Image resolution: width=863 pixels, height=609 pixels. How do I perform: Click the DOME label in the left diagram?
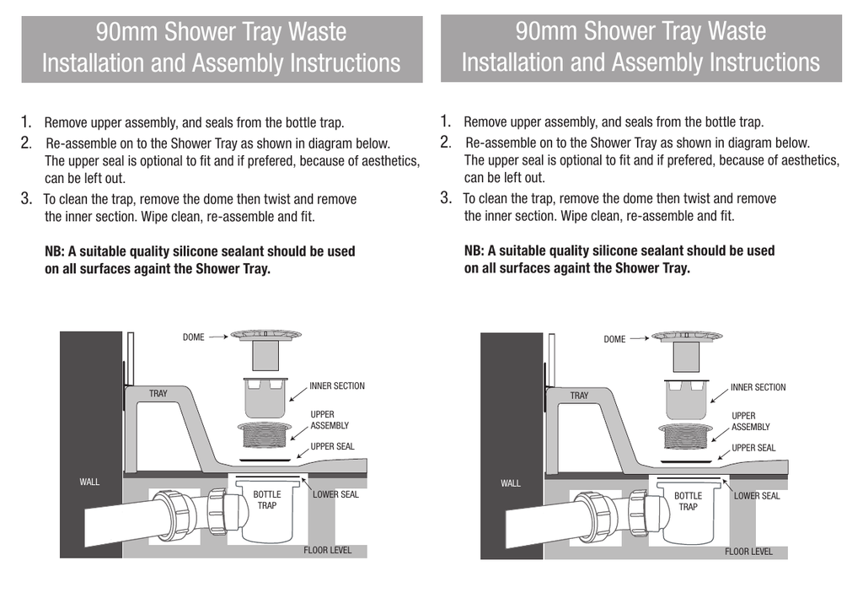[193, 337]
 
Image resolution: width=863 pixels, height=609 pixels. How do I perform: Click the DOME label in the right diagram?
[614, 339]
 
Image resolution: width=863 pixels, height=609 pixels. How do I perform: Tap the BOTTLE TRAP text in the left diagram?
[266, 500]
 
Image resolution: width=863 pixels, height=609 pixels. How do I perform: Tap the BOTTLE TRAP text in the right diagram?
[688, 502]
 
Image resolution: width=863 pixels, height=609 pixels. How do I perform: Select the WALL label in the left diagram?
[89, 482]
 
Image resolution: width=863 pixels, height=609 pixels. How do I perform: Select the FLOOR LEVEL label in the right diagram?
[748, 552]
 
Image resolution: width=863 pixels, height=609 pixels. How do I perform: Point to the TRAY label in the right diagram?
[579, 396]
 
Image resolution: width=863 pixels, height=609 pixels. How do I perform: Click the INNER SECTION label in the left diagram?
[337, 386]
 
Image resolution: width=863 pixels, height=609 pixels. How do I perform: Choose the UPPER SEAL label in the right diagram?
[753, 448]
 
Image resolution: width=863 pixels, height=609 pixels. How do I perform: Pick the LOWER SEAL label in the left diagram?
[335, 494]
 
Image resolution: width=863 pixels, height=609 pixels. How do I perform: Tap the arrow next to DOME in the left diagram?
[217, 337]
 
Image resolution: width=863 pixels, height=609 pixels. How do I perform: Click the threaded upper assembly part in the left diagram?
[265, 436]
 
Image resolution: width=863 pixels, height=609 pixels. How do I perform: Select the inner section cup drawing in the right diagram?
[687, 398]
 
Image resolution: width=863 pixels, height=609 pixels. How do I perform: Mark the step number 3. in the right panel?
[447, 198]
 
